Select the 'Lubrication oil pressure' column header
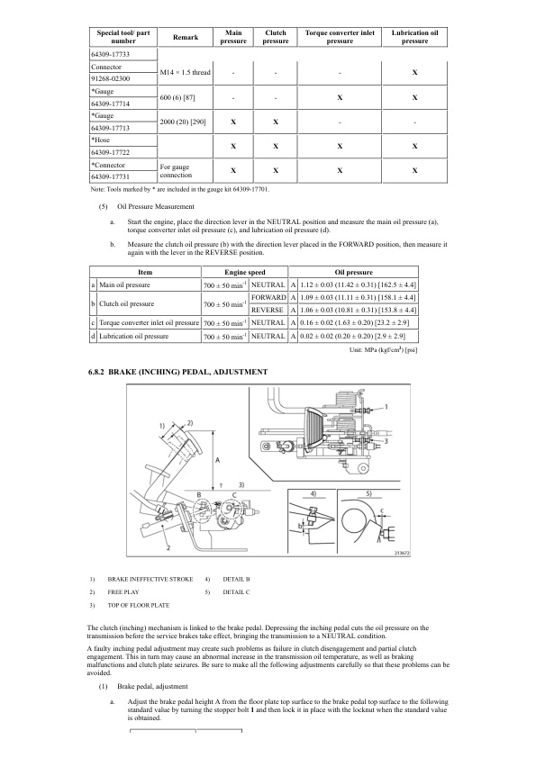pyautogui.click(x=414, y=38)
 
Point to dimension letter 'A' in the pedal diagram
pyautogui.click(x=216, y=459)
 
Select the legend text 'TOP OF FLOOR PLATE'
pyautogui.click(x=138, y=605)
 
